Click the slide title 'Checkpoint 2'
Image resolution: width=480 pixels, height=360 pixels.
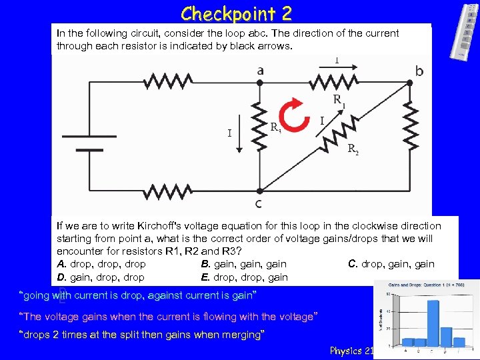[236, 13]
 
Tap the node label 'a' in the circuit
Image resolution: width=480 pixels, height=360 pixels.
[259, 71]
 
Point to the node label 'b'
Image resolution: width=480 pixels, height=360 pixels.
[419, 71]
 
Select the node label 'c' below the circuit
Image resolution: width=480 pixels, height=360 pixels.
[258, 203]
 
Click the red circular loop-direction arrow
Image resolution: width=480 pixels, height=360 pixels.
[293, 115]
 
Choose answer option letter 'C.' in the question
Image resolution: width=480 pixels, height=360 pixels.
[354, 264]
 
